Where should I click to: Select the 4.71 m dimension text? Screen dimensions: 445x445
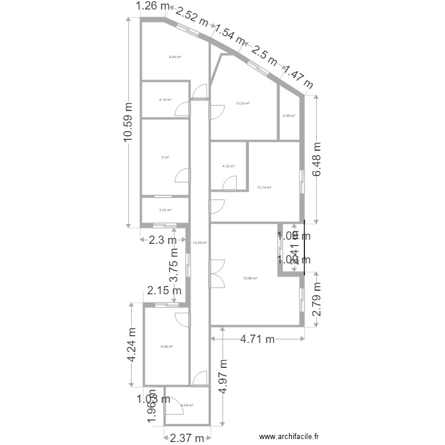click(258, 340)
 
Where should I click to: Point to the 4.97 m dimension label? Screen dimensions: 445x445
click(223, 376)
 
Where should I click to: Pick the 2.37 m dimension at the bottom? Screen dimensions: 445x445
click(186, 438)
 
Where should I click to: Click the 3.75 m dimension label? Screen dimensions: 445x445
click(175, 272)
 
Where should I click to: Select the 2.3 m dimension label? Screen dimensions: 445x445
click(162, 240)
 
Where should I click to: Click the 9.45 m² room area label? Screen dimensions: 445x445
click(174, 57)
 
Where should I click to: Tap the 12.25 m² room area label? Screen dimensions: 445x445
click(243, 103)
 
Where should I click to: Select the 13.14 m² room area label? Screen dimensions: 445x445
click(264, 187)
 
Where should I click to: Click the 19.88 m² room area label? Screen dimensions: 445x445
click(250, 278)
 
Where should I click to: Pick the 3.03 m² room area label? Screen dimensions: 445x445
click(165, 210)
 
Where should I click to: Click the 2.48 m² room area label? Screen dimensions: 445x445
click(288, 116)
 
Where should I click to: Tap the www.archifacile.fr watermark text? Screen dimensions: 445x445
click(294, 437)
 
